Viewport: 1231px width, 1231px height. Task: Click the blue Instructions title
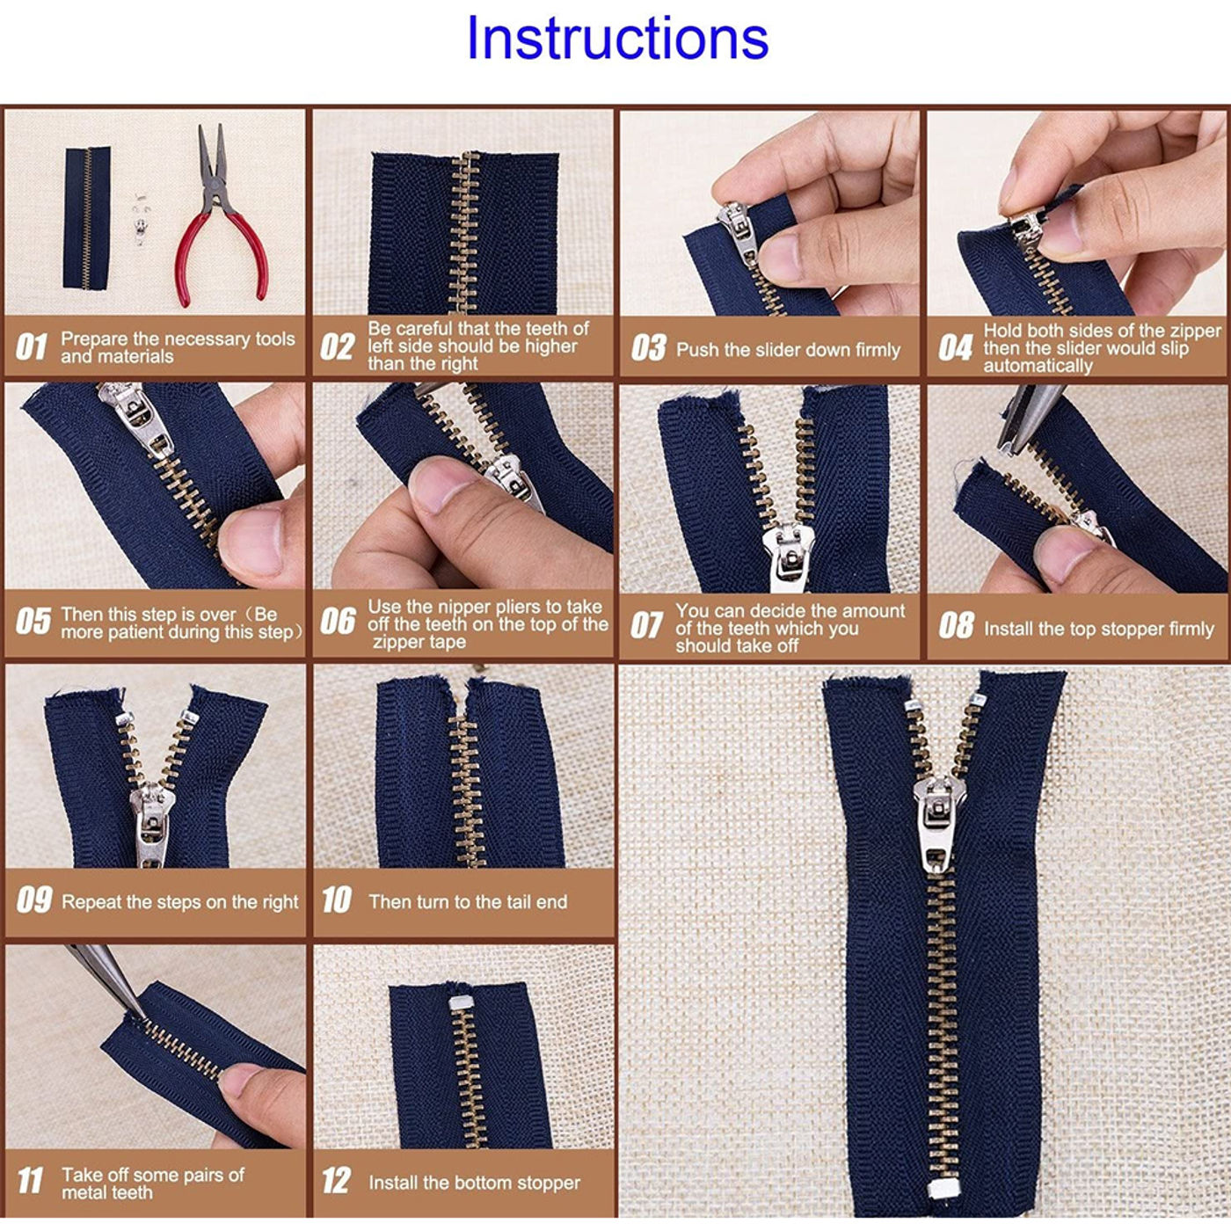[x=617, y=38]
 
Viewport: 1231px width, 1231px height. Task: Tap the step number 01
[x=32, y=347]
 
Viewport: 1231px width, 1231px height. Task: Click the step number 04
[x=954, y=347]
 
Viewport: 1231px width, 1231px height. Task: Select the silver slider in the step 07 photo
[x=788, y=555]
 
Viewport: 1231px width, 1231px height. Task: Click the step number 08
[x=956, y=625]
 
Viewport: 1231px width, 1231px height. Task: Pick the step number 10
[x=337, y=900]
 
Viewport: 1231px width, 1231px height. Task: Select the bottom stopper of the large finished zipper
[x=943, y=1188]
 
